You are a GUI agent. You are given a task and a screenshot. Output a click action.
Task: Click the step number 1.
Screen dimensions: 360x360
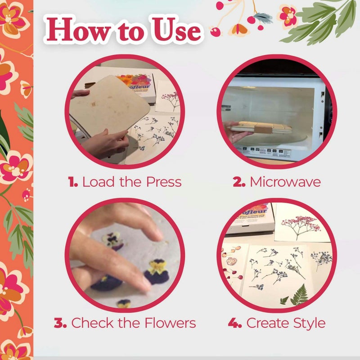(72, 182)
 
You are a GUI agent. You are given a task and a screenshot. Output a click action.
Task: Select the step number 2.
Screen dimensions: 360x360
(239, 182)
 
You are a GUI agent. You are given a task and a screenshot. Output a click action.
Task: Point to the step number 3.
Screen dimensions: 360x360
(60, 323)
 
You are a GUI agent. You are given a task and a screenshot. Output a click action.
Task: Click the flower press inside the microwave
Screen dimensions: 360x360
(261, 127)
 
